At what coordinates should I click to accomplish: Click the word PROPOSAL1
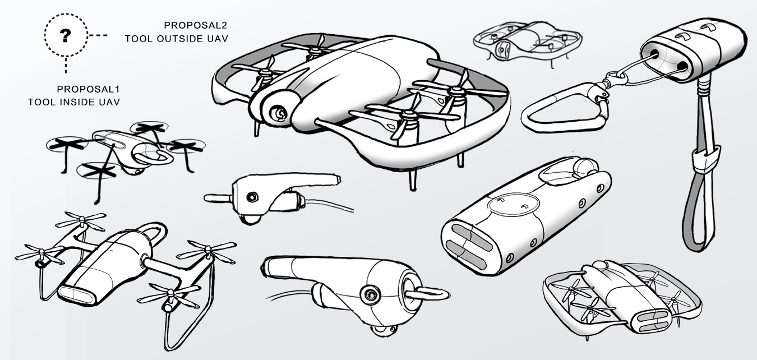(x=89, y=89)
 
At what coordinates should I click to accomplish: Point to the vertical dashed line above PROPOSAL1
(x=66, y=65)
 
